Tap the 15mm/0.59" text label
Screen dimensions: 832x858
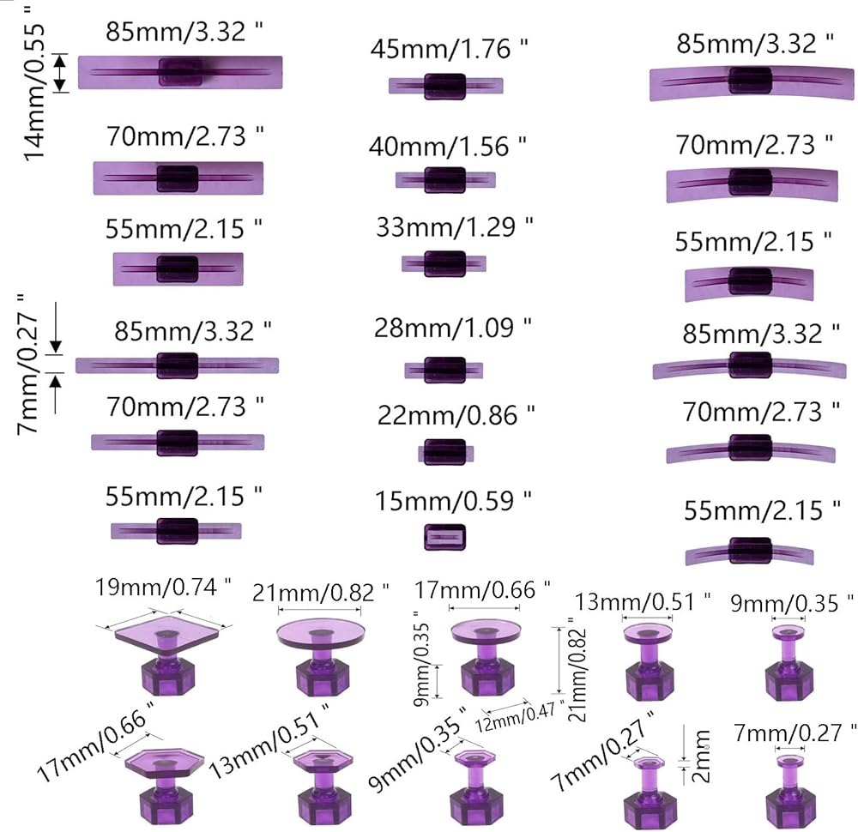coord(454,499)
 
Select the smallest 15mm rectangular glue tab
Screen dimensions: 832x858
coord(445,537)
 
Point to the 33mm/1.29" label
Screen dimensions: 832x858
coord(454,228)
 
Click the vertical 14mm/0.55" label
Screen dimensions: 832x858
coord(36,81)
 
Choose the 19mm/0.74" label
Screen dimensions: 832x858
coord(164,588)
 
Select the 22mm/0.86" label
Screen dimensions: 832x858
coord(456,416)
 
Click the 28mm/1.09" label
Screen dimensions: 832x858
coord(452,328)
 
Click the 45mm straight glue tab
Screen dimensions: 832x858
coord(445,85)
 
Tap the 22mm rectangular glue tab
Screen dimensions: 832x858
coord(445,452)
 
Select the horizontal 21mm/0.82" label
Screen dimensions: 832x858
coord(320,591)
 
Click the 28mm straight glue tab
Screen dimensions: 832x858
coord(446,370)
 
